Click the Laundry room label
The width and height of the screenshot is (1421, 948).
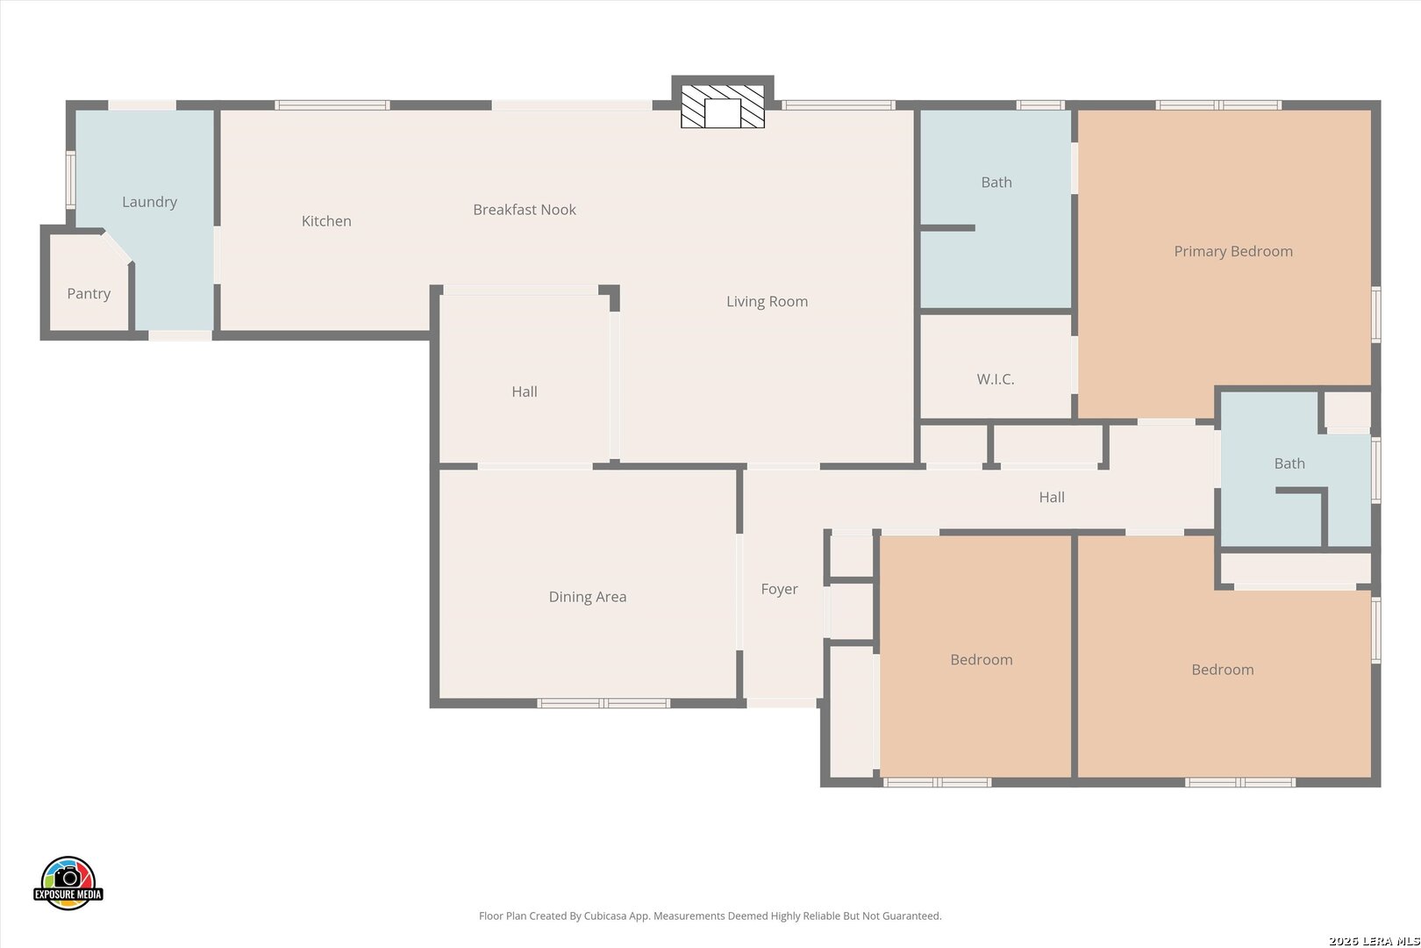(x=149, y=202)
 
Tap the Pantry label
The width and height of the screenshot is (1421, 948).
(x=89, y=293)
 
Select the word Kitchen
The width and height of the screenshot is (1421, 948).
(x=326, y=221)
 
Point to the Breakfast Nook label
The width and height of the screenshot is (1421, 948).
(x=525, y=210)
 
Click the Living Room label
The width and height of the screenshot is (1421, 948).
(x=767, y=302)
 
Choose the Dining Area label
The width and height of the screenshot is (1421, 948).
(x=588, y=597)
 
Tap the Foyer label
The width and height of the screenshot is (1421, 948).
(x=779, y=589)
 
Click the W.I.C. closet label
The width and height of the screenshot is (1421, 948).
(x=996, y=379)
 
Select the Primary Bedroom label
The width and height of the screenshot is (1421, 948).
(x=1233, y=251)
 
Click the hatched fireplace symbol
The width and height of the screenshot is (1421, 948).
(x=723, y=107)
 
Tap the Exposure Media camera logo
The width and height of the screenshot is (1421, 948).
(x=68, y=882)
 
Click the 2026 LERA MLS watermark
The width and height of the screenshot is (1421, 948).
(x=1374, y=941)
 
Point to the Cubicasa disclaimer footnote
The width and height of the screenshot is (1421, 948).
(x=710, y=916)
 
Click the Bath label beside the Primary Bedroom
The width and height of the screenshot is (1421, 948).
(x=996, y=183)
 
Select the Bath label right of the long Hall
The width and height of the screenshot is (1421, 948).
(x=1289, y=463)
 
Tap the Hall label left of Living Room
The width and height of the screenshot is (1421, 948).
(x=524, y=391)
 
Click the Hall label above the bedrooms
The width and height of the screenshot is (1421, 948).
(x=1051, y=497)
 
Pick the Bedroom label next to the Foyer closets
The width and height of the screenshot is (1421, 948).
(x=981, y=660)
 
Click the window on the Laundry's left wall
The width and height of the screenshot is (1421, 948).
(x=71, y=180)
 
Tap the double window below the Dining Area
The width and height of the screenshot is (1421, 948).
(x=603, y=703)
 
